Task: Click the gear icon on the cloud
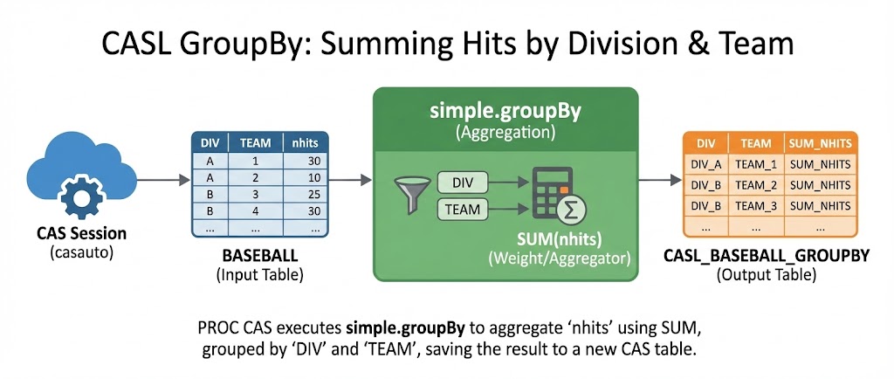click(81, 198)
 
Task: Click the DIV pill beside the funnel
click(463, 183)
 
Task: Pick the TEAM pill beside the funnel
click(463, 210)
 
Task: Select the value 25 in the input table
click(313, 194)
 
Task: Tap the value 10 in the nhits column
click(313, 177)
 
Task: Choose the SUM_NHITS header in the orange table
click(821, 143)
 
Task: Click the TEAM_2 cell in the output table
click(756, 185)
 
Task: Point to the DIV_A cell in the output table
click(705, 165)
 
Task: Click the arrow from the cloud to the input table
click(163, 180)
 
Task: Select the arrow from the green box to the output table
click(660, 180)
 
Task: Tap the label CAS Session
click(81, 234)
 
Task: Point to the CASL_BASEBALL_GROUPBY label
click(767, 256)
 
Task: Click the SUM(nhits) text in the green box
click(560, 239)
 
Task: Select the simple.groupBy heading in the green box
click(505, 112)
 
